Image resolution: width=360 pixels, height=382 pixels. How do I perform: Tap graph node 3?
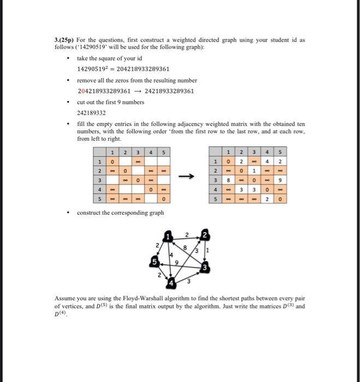coord(204,268)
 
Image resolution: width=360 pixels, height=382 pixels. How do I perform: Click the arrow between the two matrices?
coord(187,176)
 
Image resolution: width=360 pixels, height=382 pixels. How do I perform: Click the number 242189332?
coord(91,112)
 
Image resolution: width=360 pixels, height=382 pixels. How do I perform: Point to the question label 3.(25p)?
coord(64,40)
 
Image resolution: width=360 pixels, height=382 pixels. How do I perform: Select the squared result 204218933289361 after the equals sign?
coord(142,69)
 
